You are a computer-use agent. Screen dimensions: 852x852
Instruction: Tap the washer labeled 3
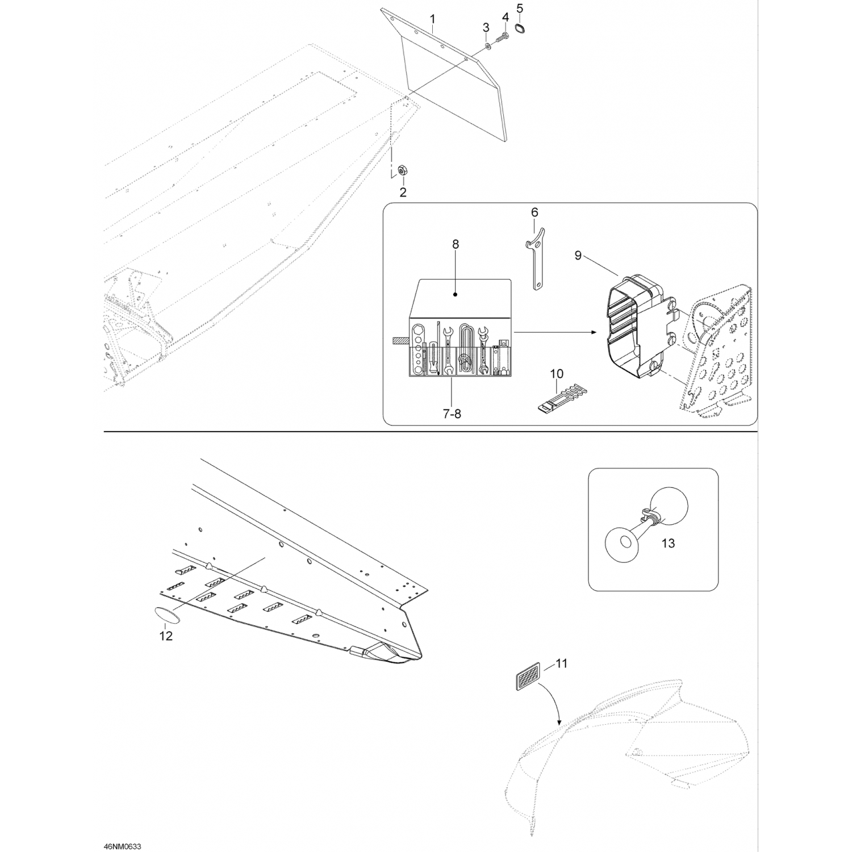pyautogui.click(x=488, y=45)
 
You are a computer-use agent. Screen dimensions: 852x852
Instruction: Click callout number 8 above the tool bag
pyautogui.click(x=455, y=244)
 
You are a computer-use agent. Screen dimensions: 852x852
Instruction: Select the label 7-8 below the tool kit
pyautogui.click(x=452, y=414)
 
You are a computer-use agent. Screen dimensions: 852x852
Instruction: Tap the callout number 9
pyautogui.click(x=578, y=256)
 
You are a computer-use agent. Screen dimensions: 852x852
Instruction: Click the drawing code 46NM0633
pyautogui.click(x=122, y=846)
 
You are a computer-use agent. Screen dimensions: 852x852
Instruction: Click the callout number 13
pyautogui.click(x=668, y=544)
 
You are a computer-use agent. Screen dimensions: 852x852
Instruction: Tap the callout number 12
pyautogui.click(x=165, y=636)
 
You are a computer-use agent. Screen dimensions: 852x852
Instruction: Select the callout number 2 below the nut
pyautogui.click(x=403, y=193)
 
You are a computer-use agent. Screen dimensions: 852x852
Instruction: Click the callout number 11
pyautogui.click(x=561, y=663)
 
